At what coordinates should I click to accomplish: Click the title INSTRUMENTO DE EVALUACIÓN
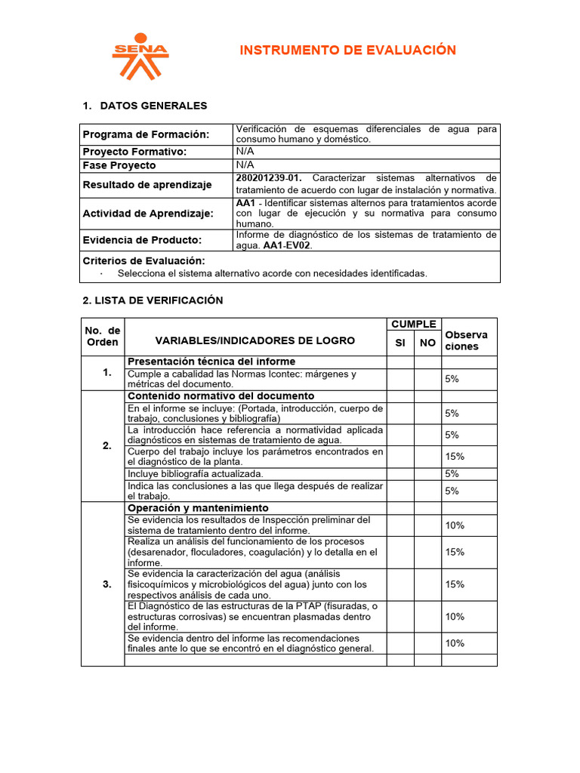pyautogui.click(x=347, y=51)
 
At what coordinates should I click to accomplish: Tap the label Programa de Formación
pyautogui.click(x=145, y=134)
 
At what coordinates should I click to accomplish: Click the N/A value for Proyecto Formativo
pyautogui.click(x=245, y=151)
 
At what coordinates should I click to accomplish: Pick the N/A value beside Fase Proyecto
pyautogui.click(x=245, y=165)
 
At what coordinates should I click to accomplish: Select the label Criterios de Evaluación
pyautogui.click(x=143, y=260)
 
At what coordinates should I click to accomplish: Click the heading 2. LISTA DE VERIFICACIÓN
pyautogui.click(x=153, y=300)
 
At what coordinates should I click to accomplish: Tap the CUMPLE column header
pyautogui.click(x=414, y=325)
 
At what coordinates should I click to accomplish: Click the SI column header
pyautogui.click(x=400, y=343)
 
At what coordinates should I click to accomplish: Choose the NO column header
pyautogui.click(x=427, y=343)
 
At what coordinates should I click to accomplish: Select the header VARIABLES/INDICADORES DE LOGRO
pyautogui.click(x=255, y=341)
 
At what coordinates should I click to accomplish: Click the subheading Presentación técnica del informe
pyautogui.click(x=211, y=362)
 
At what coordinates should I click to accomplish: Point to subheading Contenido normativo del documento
pyautogui.click(x=221, y=396)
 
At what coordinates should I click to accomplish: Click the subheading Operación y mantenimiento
pyautogui.click(x=198, y=508)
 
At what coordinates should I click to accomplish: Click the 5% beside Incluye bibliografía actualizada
pyautogui.click(x=452, y=473)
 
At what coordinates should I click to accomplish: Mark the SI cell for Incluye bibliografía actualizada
pyautogui.click(x=400, y=473)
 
